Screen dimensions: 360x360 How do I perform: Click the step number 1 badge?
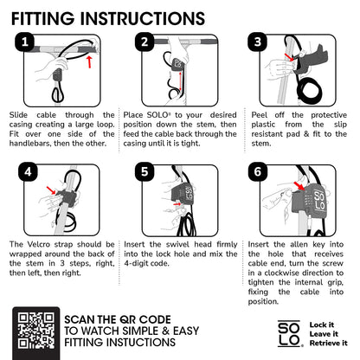25,42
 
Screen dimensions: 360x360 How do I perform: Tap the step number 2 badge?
145,42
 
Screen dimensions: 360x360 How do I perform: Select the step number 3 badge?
258,42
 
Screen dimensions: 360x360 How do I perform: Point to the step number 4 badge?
28,172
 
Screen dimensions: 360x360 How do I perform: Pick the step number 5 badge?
145,172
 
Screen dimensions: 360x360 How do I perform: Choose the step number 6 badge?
258,172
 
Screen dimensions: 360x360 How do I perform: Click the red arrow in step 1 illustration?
90,62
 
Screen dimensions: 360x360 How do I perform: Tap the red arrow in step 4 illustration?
51,190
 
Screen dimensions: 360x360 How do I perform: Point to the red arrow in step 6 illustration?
299,186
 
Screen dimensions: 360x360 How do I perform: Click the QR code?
36,331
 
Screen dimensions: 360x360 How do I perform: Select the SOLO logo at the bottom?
290,333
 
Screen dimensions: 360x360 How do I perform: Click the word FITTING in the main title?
42,19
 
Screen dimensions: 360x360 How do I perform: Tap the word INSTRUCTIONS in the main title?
143,19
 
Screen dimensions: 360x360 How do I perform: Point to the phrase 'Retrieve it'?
329,343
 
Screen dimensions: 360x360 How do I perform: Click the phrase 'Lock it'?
322,325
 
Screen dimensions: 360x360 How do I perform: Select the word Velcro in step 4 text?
38,244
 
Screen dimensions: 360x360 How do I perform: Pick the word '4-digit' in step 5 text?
135,263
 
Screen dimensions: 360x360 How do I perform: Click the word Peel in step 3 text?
260,115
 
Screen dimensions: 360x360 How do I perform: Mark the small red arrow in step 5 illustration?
177,204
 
